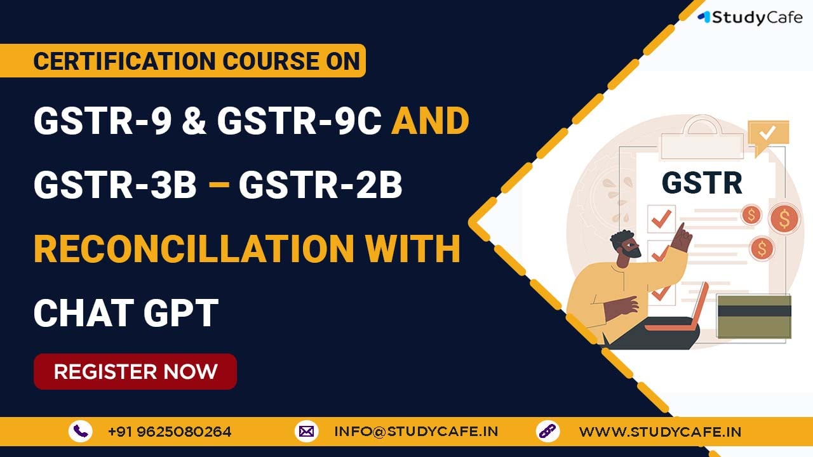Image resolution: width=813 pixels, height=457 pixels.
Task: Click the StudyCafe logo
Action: point(750,18)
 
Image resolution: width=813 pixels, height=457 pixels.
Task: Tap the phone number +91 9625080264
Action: point(170,432)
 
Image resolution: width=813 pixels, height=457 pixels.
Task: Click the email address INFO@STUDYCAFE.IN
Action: point(416,432)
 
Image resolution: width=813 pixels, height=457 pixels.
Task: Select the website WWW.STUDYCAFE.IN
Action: point(660,432)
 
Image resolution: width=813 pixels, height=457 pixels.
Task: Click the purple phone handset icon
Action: point(81,431)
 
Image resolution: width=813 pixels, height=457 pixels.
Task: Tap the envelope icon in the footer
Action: point(306,431)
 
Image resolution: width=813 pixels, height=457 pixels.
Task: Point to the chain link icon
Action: point(548,431)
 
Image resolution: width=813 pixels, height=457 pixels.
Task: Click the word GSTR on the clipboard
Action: point(702,183)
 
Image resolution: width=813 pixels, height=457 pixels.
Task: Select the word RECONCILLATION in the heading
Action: point(194,248)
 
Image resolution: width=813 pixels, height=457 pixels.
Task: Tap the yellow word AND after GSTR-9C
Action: point(430,121)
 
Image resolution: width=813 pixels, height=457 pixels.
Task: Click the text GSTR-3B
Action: point(115,185)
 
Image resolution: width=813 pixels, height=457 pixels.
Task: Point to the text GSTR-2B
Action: point(321,185)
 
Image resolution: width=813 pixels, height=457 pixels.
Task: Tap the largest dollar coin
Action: point(784,218)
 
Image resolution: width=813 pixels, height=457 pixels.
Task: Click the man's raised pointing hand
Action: point(682,237)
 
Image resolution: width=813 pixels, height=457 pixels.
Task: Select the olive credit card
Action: point(754,316)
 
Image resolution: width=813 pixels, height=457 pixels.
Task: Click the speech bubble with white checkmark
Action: point(769,136)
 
